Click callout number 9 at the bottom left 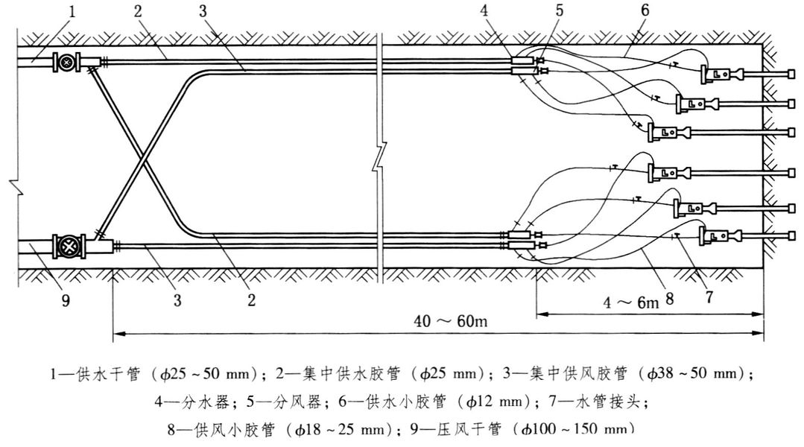(66, 302)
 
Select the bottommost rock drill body (715, 238)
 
